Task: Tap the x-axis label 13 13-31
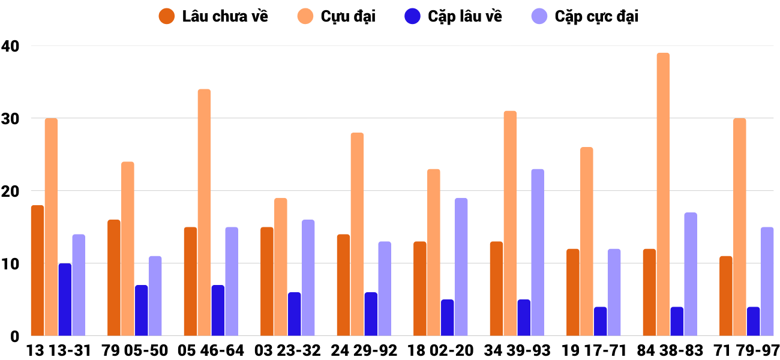pos(58,350)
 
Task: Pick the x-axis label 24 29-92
pos(364,350)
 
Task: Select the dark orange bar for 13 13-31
pos(37,271)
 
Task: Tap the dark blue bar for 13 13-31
pos(65,299)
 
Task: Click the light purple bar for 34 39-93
pos(538,253)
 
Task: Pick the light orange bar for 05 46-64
pos(204,212)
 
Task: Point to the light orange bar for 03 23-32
pos(281,267)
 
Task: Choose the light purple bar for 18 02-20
pos(461,267)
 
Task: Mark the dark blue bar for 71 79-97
pos(753,322)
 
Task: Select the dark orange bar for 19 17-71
pos(573,292)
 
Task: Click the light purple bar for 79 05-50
pos(155,296)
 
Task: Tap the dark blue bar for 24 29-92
pos(371,314)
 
